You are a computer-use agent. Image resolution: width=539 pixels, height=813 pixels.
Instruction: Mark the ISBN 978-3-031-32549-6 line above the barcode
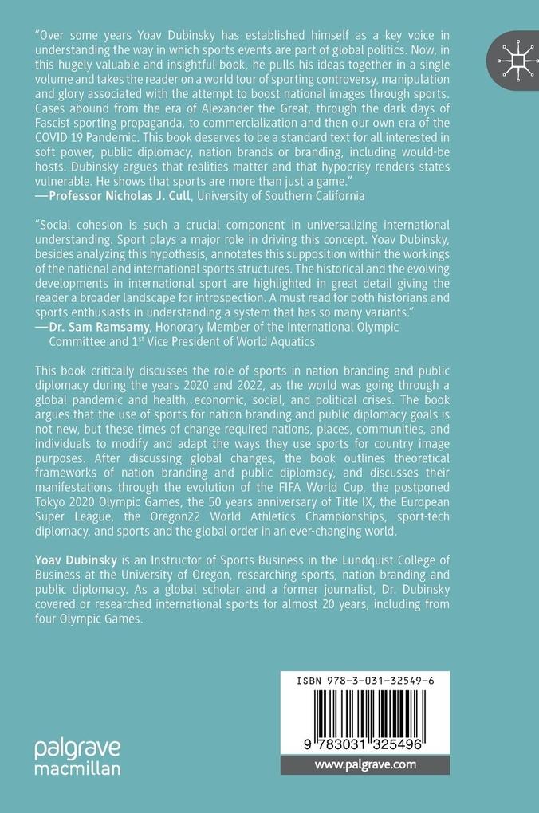tap(364, 680)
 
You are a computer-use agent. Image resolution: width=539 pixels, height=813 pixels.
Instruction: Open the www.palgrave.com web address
tap(365, 764)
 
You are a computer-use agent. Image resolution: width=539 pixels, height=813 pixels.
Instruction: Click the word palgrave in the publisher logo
tap(77, 748)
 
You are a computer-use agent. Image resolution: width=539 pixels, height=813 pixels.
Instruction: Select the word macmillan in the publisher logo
tap(77, 768)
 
